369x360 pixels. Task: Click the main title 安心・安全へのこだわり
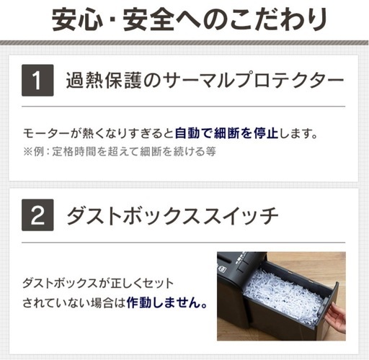(190, 19)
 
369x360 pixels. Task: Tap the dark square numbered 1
(37, 81)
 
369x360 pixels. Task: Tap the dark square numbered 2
(37, 215)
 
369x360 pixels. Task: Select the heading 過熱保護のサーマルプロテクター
(205, 81)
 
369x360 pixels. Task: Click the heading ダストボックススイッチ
(172, 215)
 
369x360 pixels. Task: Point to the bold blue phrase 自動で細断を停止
(226, 133)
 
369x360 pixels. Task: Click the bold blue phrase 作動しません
(166, 302)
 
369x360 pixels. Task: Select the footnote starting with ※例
(120, 151)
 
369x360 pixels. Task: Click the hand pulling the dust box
(337, 316)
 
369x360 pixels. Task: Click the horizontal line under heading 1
(183, 106)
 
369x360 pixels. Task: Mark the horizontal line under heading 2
(183, 243)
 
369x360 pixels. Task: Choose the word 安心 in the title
(77, 19)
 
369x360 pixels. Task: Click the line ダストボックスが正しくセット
(98, 284)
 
